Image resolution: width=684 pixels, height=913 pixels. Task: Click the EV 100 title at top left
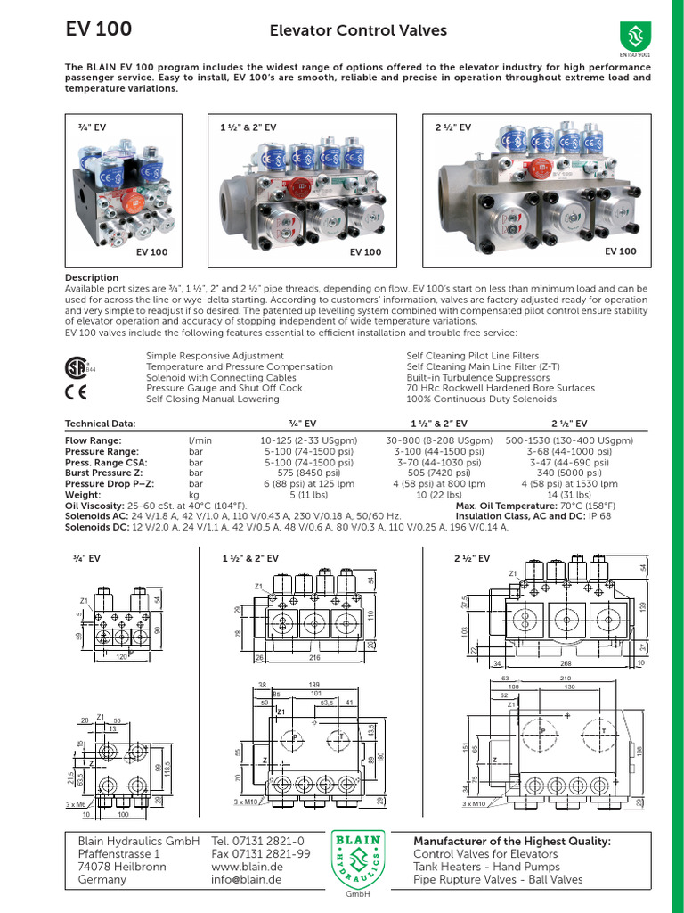[99, 29]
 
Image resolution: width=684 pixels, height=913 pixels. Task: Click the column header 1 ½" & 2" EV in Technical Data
[438, 424]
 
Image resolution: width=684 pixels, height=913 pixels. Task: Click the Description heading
[92, 278]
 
